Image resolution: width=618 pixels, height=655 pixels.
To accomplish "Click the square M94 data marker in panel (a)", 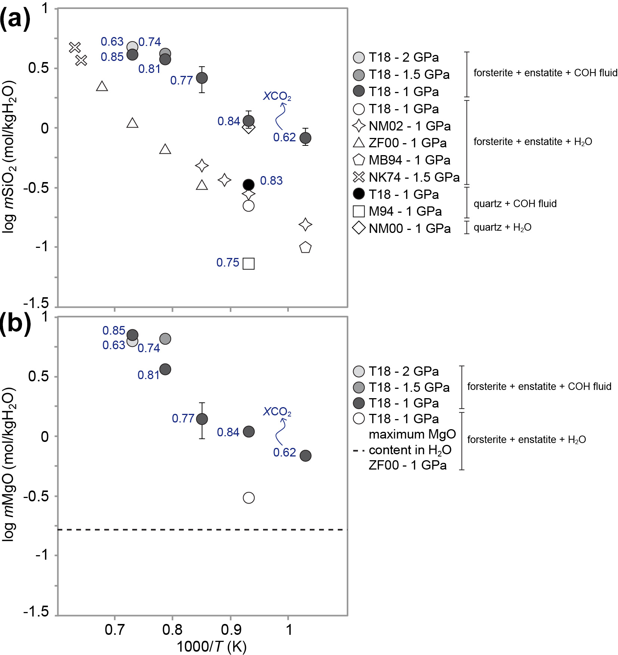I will (248, 264).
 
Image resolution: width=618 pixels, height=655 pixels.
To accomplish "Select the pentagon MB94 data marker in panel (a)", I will (305, 247).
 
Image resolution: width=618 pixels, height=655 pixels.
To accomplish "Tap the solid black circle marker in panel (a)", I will (248, 184).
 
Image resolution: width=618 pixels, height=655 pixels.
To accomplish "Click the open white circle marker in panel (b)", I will (248, 498).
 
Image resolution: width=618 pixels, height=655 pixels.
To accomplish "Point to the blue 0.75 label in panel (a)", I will (228, 262).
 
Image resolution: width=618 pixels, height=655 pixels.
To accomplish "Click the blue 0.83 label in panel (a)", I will (271, 181).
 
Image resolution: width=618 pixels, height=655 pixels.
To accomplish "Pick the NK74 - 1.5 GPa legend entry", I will (406, 177).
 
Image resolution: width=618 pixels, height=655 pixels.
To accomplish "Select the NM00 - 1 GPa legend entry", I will (402, 228).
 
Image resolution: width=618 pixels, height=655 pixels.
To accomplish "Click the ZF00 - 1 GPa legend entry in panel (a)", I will (399, 143).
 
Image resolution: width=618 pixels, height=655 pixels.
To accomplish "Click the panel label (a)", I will (15, 18).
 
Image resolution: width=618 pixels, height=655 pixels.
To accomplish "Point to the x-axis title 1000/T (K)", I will (211, 646).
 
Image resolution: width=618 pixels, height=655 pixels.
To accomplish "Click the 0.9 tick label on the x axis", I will (231, 630).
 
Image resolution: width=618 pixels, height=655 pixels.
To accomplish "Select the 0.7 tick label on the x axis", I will (114, 630).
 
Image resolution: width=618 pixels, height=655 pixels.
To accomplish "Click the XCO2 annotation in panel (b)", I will (277, 412).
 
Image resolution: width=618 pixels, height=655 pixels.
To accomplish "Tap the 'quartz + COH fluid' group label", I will (515, 204).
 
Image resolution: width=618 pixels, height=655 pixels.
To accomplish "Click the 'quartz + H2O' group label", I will (502, 227).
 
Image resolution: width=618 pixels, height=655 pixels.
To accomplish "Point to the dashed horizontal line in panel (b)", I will (202, 529).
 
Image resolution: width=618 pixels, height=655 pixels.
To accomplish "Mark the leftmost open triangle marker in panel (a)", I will (102, 87).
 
